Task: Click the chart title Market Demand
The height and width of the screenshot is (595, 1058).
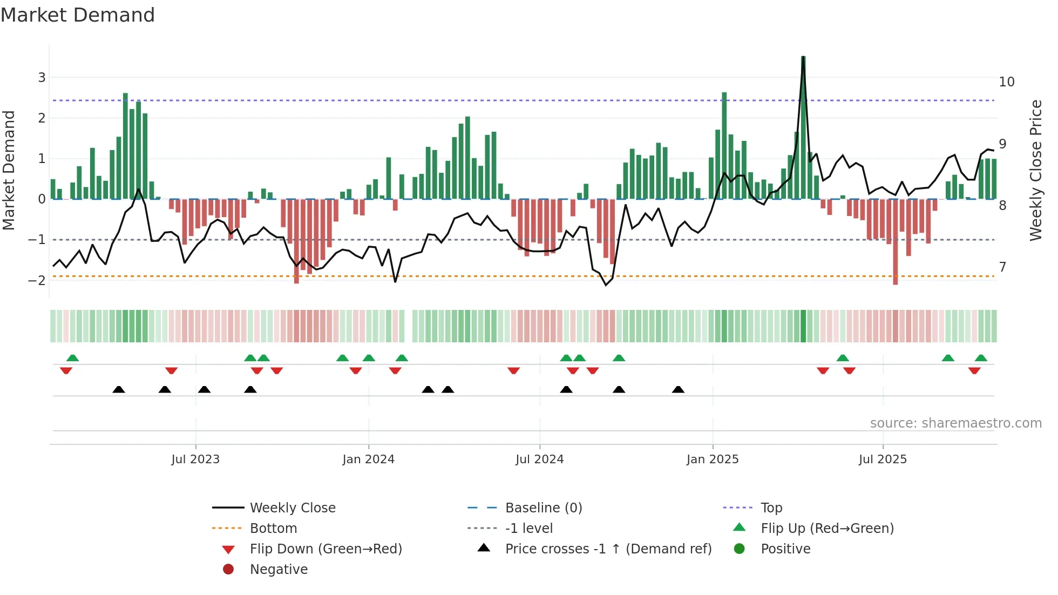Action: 78,15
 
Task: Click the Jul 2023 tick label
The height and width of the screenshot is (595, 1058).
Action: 195,459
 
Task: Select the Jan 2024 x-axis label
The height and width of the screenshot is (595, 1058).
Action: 368,459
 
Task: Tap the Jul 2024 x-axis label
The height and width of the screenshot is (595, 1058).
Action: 539,459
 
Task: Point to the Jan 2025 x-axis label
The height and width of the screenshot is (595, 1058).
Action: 712,459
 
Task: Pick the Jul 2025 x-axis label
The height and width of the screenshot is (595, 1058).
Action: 883,459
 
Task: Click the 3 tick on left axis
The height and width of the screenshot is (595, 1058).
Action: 42,78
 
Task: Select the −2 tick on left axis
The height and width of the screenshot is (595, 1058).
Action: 37,280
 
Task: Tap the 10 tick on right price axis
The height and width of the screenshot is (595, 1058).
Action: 1006,82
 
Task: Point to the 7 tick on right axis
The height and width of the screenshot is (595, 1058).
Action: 1002,267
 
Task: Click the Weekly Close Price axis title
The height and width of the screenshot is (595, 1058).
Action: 1035,170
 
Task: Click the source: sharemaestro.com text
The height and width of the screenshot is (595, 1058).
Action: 955,423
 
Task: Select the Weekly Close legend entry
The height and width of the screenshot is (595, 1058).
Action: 292,508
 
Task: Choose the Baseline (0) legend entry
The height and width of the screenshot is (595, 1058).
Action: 543,508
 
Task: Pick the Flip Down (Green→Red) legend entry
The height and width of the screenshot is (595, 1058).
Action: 325,549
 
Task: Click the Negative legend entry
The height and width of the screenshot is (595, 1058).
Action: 279,570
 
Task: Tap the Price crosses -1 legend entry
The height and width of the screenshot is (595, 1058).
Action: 608,549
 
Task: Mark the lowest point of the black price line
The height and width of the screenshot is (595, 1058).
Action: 606,285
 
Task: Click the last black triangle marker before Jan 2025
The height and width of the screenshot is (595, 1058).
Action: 678,390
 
